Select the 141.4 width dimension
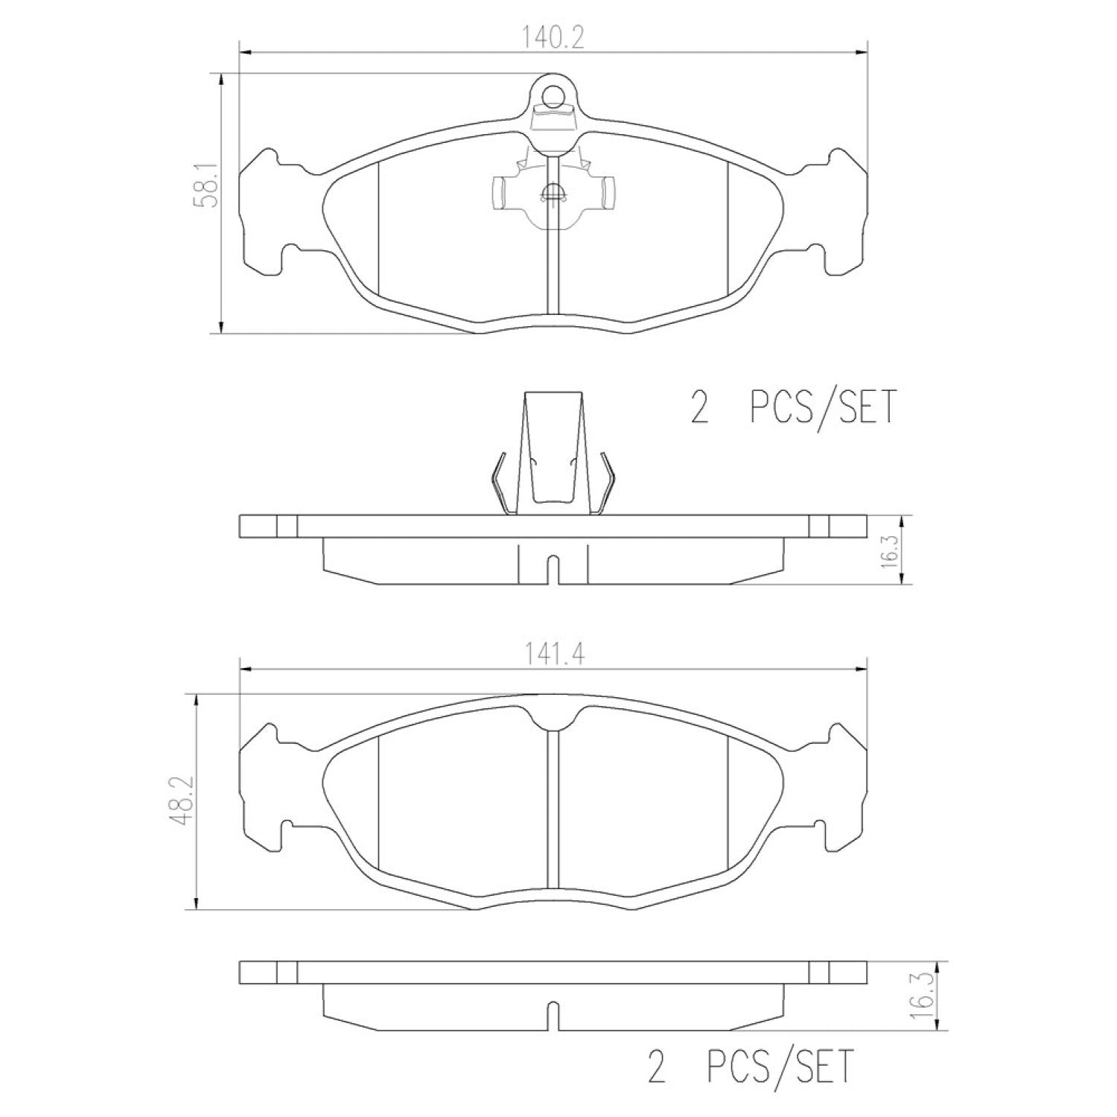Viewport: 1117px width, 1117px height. pos(553,654)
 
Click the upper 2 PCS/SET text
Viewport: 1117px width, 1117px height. pos(794,408)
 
